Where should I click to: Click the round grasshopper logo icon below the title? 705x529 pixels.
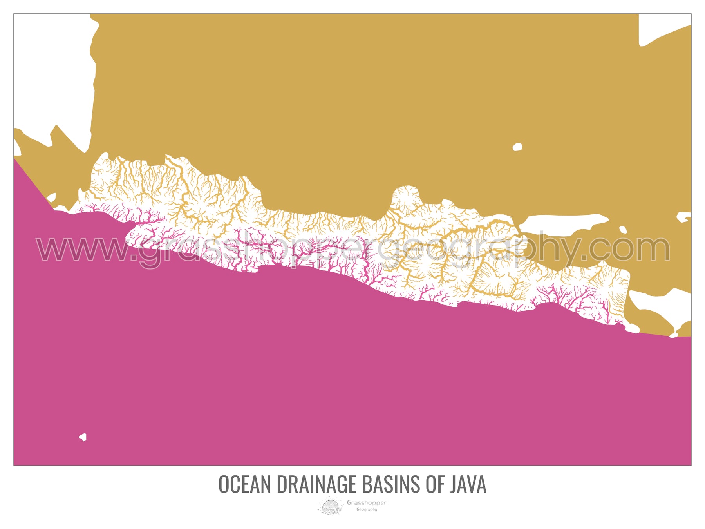(x=331, y=506)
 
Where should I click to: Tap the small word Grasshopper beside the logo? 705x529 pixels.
(x=366, y=502)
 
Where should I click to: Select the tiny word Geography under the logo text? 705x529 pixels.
(x=366, y=509)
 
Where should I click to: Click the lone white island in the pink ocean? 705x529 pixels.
(x=83, y=437)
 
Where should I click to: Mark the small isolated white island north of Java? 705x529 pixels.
(x=517, y=147)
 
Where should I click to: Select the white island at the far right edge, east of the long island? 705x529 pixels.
(x=683, y=217)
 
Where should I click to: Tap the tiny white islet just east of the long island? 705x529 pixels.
(x=623, y=230)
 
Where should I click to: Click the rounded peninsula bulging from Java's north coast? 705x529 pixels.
(x=405, y=196)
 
